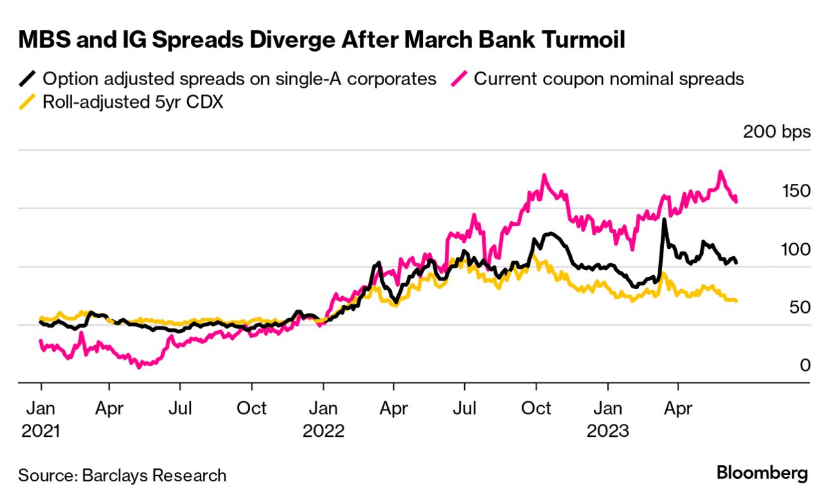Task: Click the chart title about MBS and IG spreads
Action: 322,41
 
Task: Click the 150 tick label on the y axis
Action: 795,191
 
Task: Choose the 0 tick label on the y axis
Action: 805,365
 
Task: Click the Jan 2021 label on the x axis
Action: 41,419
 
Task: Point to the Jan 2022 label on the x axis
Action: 324,419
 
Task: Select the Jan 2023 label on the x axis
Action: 607,419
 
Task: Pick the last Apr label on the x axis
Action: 678,408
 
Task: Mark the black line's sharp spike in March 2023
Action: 663,221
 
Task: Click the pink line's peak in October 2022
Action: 544,176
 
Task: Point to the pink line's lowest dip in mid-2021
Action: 139,366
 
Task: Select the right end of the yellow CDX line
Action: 736,301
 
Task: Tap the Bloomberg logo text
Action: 762,472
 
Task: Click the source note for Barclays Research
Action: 122,476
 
